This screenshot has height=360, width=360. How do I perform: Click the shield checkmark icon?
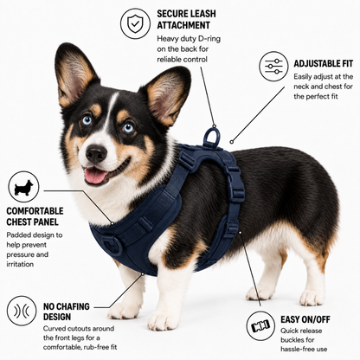click(135, 23)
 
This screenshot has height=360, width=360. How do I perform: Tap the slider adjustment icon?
click(273, 66)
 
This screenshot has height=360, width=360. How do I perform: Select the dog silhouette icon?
click(23, 187)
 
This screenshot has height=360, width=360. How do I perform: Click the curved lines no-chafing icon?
click(22, 311)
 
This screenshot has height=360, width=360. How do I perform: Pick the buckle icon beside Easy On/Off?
click(260, 325)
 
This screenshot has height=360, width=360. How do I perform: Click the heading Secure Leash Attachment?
click(186, 19)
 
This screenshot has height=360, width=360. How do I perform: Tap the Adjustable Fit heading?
click(324, 63)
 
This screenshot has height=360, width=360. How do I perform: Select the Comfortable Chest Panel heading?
click(35, 216)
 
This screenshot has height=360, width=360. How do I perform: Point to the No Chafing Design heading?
click(67, 312)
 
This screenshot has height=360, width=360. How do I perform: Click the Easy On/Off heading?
click(305, 319)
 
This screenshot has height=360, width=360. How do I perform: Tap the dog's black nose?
click(96, 154)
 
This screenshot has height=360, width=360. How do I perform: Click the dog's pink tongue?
click(95, 176)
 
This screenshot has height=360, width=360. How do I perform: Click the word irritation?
click(20, 264)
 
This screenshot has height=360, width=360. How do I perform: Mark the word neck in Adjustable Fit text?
click(301, 87)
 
